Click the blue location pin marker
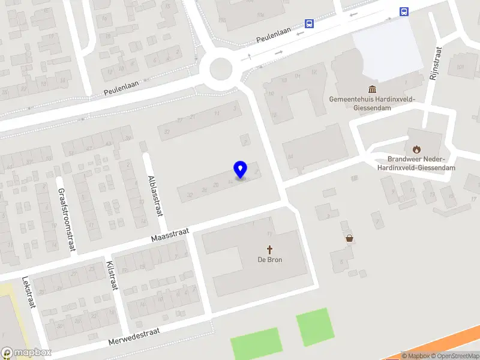[241, 169]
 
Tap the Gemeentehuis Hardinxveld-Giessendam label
[373, 103]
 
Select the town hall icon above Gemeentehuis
[373, 89]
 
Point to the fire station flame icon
[416, 149]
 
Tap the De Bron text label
[270, 260]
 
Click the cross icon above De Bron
[270, 249]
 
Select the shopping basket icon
[349, 238]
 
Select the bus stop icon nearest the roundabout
[309, 24]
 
